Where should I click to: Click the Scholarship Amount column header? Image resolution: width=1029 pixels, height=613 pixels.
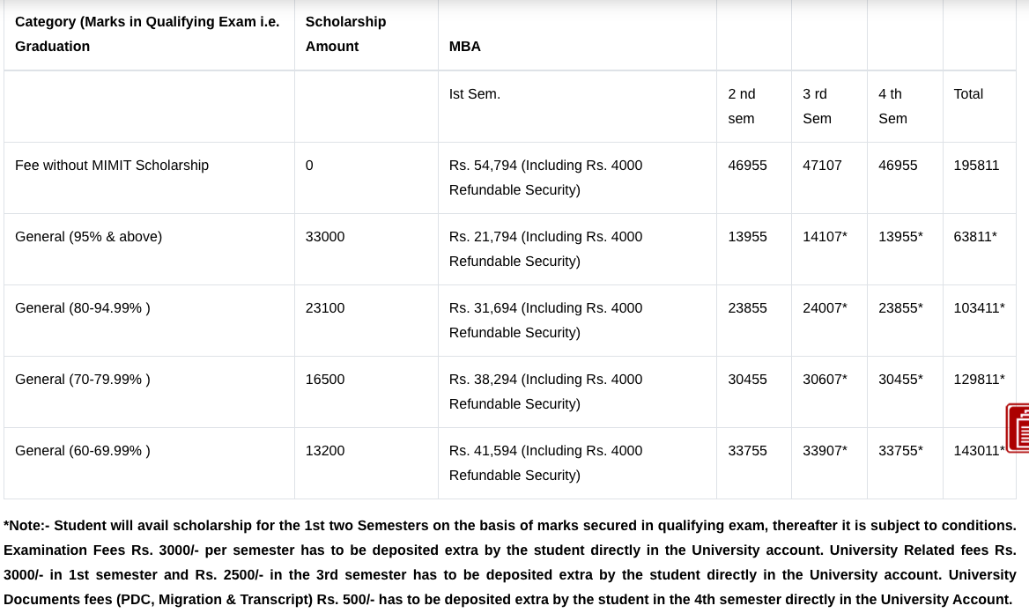(x=345, y=33)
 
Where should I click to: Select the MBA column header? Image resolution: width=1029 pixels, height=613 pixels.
(x=465, y=47)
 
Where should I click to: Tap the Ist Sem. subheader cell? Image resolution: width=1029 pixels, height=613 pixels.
(x=475, y=94)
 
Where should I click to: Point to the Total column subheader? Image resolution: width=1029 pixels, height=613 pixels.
(x=968, y=94)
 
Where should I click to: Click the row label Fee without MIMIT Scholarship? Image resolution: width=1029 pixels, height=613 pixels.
(x=112, y=166)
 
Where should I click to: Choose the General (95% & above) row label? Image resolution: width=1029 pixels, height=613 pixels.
(x=88, y=237)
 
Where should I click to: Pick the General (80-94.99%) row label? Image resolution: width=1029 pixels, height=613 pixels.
(x=83, y=308)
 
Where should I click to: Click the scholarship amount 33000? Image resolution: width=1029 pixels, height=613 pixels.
(x=325, y=237)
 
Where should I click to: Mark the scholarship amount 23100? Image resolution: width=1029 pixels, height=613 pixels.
(x=325, y=308)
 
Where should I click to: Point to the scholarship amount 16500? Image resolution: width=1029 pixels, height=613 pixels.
(x=325, y=380)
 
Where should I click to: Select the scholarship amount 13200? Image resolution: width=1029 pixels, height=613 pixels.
(x=325, y=451)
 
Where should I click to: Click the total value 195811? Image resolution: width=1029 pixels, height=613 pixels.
(x=976, y=166)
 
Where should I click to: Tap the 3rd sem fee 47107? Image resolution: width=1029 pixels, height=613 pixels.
(x=822, y=166)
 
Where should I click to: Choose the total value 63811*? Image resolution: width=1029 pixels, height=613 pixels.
(x=975, y=237)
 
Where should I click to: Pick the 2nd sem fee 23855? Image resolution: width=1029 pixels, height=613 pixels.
(x=747, y=308)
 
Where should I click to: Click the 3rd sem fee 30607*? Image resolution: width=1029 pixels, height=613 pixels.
(x=825, y=380)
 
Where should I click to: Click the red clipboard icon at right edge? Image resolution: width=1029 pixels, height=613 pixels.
(x=1018, y=428)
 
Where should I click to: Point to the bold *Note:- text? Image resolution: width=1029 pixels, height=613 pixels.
(x=26, y=526)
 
